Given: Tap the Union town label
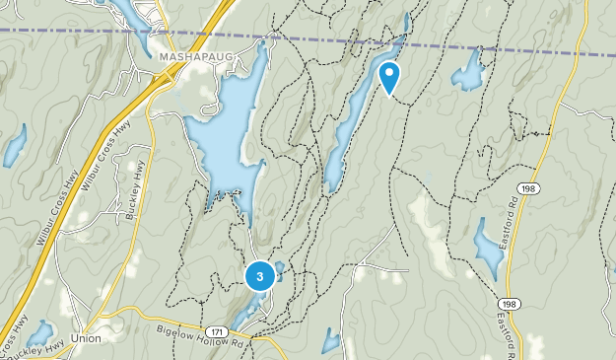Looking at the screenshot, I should click(x=86, y=337).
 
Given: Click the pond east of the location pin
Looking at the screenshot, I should click(x=467, y=71).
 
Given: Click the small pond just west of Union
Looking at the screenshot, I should click(x=40, y=332).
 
